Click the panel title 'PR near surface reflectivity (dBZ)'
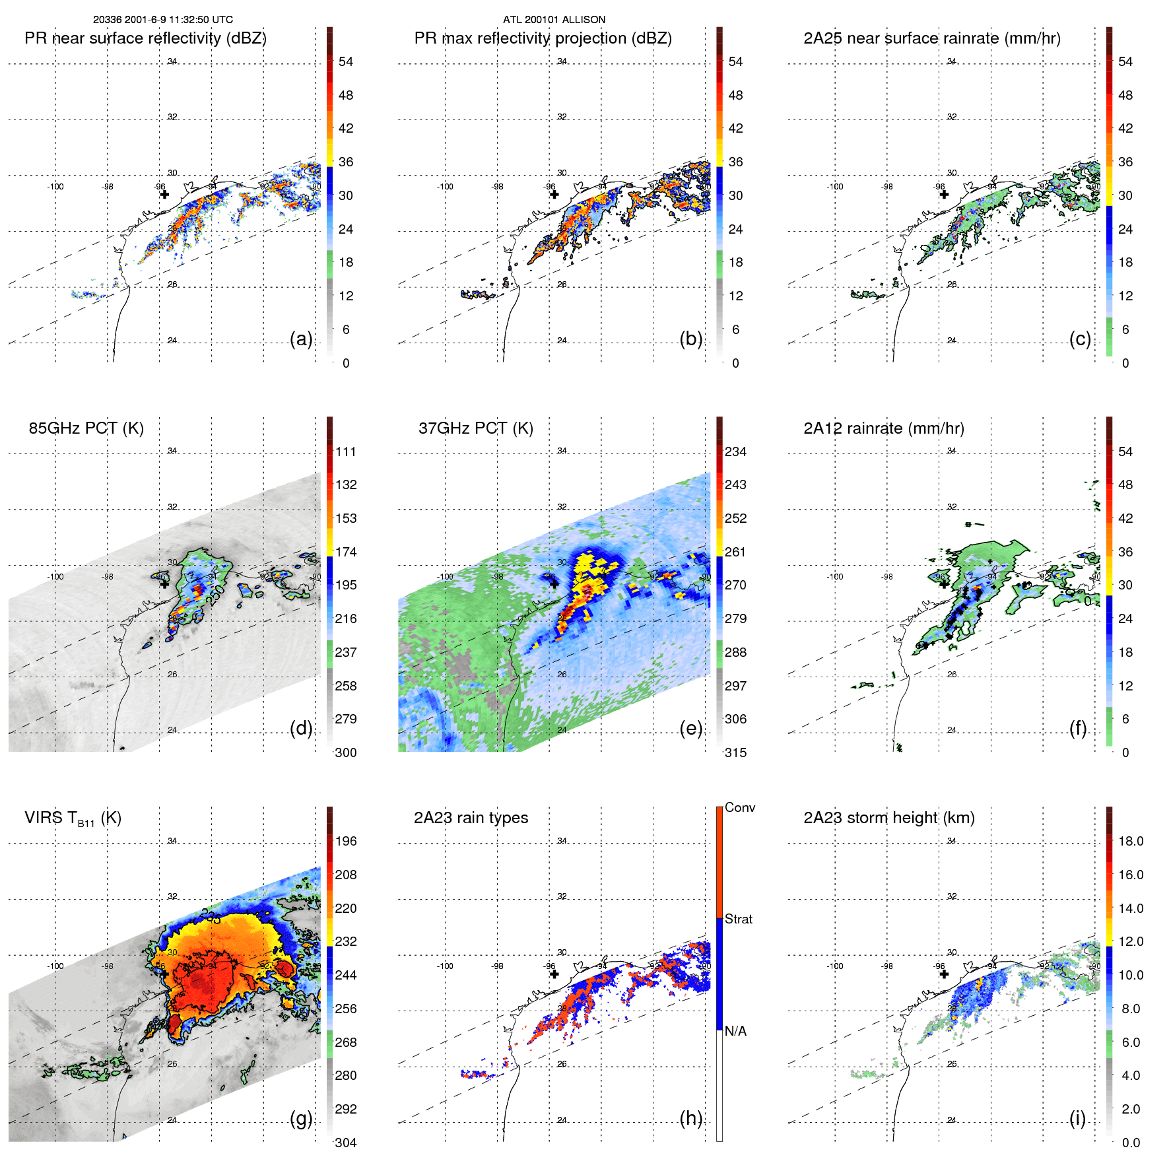(145, 38)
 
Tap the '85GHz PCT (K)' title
(86, 428)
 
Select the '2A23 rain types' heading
(471, 818)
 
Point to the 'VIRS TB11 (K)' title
(73, 818)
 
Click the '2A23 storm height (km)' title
(888, 818)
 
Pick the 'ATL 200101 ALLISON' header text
(554, 20)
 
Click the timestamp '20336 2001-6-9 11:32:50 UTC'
(162, 20)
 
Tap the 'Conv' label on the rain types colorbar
(739, 807)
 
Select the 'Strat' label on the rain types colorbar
(738, 919)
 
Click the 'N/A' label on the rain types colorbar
(735, 1031)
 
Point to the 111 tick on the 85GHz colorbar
(346, 451)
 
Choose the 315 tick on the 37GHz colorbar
(735, 752)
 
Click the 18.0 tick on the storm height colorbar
(1130, 841)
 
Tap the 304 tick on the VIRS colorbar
(345, 1143)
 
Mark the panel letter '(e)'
(690, 728)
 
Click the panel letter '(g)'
(301, 1118)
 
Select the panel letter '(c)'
(1080, 339)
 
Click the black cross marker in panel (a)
(164, 194)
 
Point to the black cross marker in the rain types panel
(554, 974)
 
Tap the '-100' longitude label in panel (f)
(835, 576)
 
